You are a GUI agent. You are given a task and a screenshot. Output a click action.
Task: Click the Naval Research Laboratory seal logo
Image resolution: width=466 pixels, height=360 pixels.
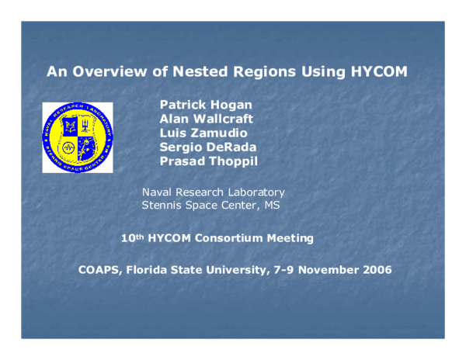pyautogui.click(x=78, y=137)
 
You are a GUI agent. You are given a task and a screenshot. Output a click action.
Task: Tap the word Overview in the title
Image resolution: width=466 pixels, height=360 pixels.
pyautogui.click(x=105, y=72)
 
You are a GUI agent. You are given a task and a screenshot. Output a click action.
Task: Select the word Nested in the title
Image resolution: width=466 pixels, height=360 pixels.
pyautogui.click(x=195, y=72)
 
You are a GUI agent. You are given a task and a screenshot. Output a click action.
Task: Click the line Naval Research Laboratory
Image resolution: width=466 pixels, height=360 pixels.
pyautogui.click(x=213, y=192)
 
